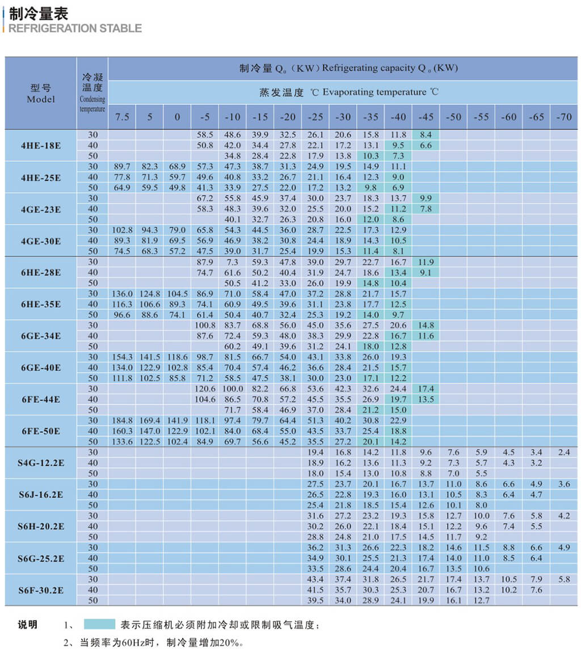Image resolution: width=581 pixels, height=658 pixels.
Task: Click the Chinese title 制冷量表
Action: (39, 13)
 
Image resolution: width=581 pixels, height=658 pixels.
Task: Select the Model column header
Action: (41, 94)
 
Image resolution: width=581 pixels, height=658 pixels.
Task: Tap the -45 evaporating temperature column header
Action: (426, 117)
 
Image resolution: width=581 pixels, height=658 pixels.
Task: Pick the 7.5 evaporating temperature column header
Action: (122, 117)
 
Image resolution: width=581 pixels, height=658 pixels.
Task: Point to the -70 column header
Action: (563, 117)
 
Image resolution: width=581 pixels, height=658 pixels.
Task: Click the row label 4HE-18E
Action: (41, 145)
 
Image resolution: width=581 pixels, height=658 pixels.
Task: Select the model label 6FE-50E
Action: (41, 431)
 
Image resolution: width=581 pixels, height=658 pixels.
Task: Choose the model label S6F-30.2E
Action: (41, 590)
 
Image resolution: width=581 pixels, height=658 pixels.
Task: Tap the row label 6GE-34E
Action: (41, 336)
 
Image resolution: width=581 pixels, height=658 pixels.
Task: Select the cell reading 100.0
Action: (233, 389)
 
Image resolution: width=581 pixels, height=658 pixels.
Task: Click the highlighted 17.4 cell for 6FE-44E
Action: (426, 389)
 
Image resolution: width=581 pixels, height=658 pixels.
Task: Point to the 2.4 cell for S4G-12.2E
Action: (563, 452)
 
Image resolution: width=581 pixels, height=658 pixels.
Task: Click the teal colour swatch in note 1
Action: (99, 625)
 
